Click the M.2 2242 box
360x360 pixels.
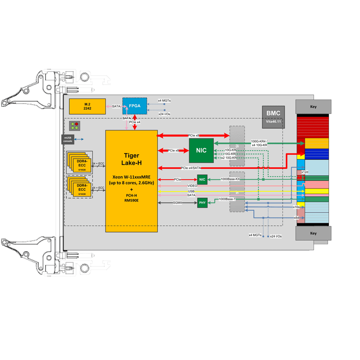click(87, 106)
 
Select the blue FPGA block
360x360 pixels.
click(135, 105)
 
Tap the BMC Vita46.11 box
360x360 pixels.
click(273, 117)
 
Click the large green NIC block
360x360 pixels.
click(201, 150)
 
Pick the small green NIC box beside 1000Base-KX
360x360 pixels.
click(202, 180)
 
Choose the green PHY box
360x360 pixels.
click(202, 203)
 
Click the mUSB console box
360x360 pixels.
click(67, 139)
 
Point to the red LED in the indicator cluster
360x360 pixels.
click(76, 124)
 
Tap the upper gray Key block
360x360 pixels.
click(313, 107)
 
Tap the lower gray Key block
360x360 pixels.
click(313, 234)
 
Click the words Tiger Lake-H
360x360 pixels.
click(131, 159)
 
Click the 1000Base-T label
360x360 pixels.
click(227, 199)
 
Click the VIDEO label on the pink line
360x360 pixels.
click(192, 185)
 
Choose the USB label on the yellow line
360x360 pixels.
click(191, 191)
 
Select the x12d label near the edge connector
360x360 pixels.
click(305, 172)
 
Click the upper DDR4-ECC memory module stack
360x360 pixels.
click(80, 162)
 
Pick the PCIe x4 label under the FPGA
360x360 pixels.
click(135, 122)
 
